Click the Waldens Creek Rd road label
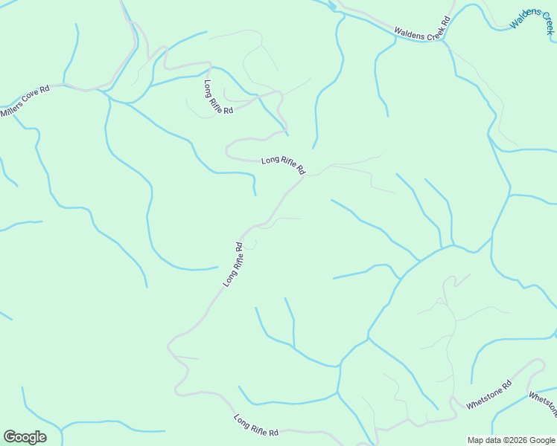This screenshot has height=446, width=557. (x=423, y=29)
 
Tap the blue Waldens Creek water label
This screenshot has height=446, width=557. (x=532, y=16)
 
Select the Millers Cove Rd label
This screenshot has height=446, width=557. (x=25, y=101)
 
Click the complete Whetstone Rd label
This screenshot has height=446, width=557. (x=489, y=395)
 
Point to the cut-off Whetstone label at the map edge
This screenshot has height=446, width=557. (x=543, y=404)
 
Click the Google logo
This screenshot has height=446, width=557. (x=25, y=437)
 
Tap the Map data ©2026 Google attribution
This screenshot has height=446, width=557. (x=511, y=440)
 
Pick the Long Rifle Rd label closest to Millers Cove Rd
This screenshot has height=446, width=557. (x=218, y=97)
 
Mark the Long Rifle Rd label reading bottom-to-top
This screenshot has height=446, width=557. (x=233, y=265)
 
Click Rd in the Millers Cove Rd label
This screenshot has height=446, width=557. (x=45, y=89)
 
